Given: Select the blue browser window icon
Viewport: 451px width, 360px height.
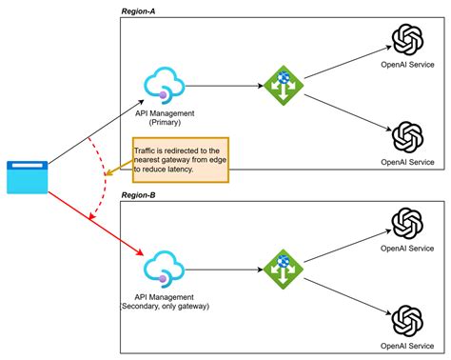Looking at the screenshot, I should pos(28,177).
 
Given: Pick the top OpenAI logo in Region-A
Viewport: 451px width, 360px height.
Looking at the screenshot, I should pos(407,41).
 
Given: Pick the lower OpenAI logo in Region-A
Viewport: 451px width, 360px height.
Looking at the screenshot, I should pos(407,136).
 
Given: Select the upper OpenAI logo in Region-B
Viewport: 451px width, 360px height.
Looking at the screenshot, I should pos(407,225).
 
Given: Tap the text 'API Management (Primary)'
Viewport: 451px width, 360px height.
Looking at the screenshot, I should pos(165,117).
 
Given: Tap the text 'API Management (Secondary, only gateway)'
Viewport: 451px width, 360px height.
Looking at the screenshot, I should pos(165,300).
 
